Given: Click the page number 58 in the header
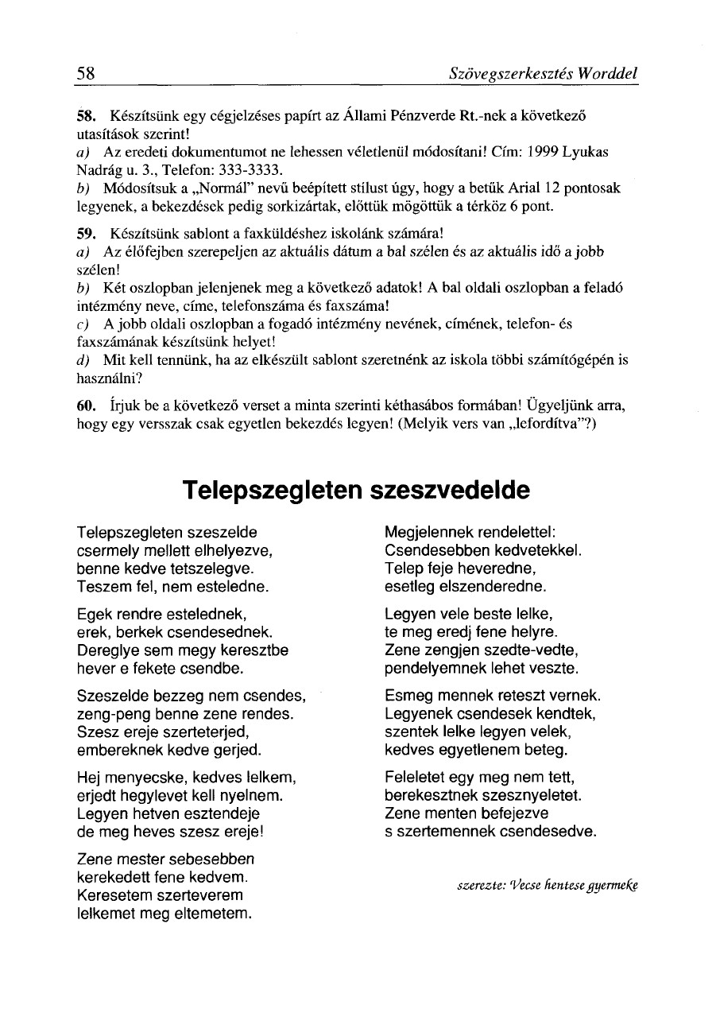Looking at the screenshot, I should [86, 74].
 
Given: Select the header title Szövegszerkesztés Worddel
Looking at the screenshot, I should [544, 74].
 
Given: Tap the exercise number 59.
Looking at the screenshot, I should [86, 235].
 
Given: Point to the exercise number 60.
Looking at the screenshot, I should [87, 406].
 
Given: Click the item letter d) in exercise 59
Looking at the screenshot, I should [82, 359].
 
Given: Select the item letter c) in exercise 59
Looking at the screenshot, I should [82, 324].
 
